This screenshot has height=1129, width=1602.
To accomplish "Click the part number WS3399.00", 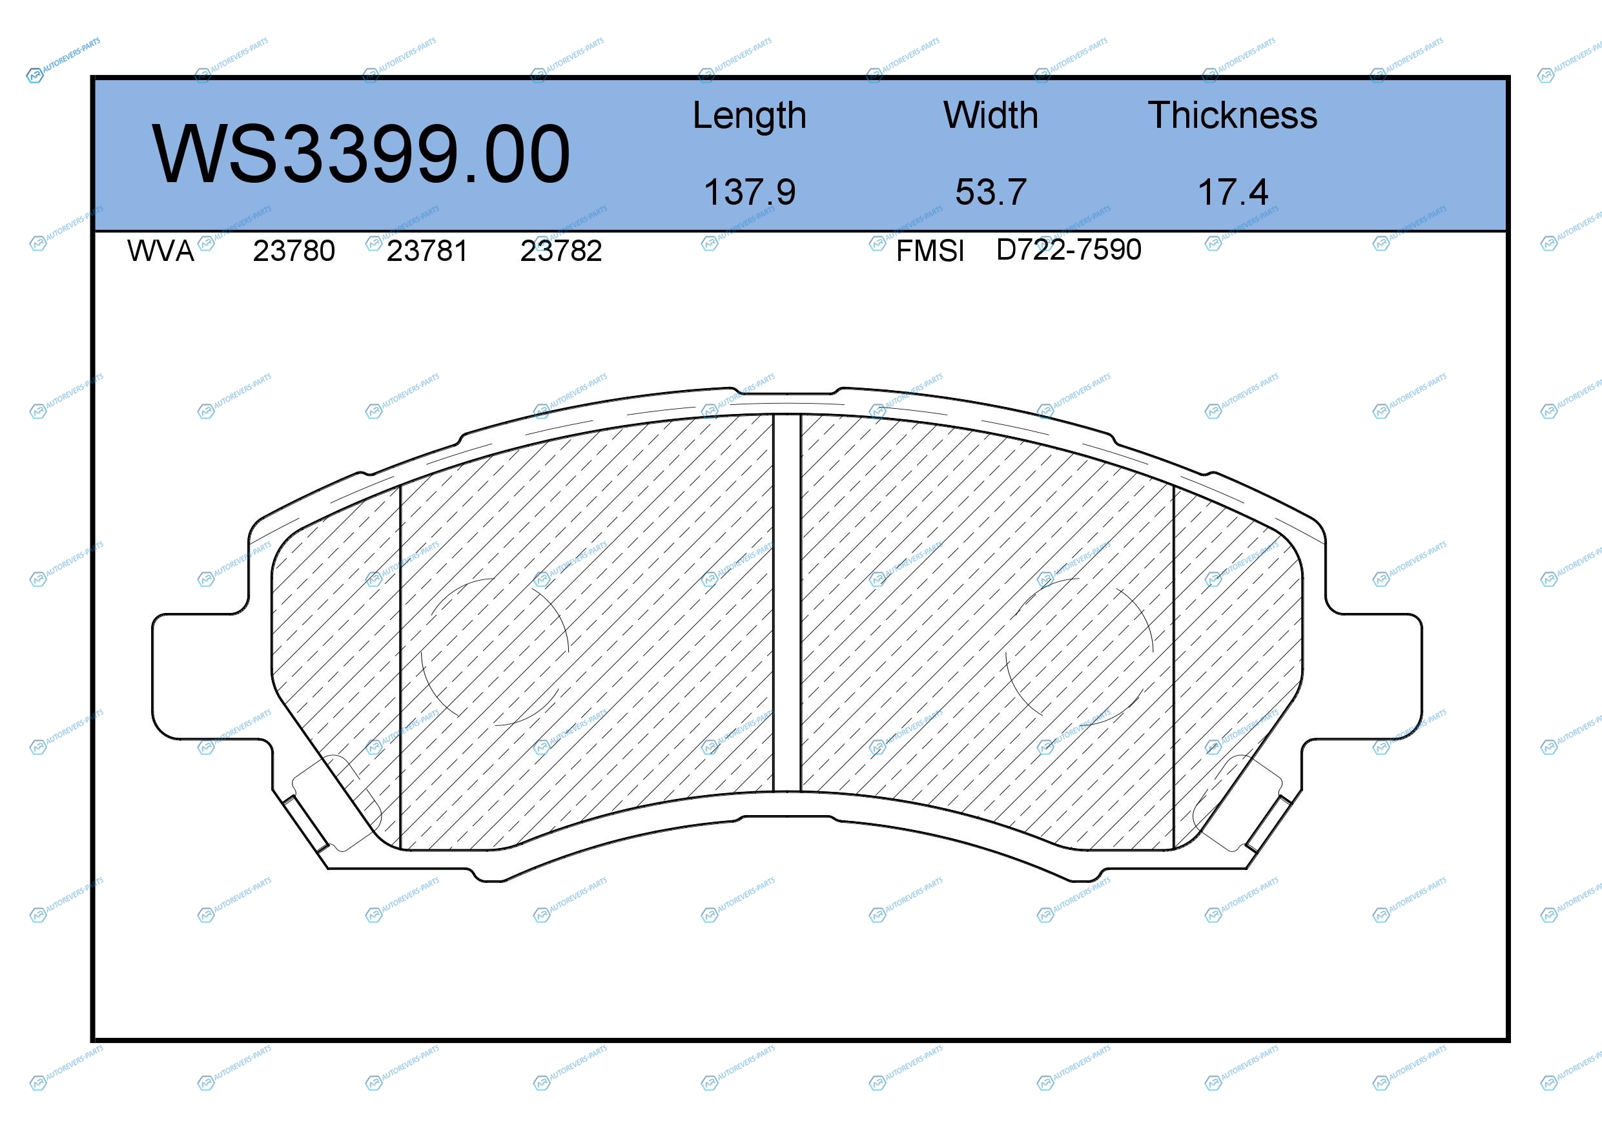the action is [x=361, y=154].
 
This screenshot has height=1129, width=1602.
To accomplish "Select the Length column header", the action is [x=750, y=116].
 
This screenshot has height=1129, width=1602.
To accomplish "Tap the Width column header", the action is [x=991, y=115].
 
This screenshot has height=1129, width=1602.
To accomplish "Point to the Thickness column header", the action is [x=1232, y=115].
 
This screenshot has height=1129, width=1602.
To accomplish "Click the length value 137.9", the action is [x=750, y=192].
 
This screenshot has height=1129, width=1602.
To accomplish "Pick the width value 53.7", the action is [x=991, y=192].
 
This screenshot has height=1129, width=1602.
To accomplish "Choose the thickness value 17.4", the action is [x=1232, y=192].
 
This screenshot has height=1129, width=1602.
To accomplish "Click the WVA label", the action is [x=161, y=251].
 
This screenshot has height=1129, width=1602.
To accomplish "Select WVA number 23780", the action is [x=294, y=251].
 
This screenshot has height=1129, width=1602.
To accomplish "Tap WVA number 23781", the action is [x=427, y=251].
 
